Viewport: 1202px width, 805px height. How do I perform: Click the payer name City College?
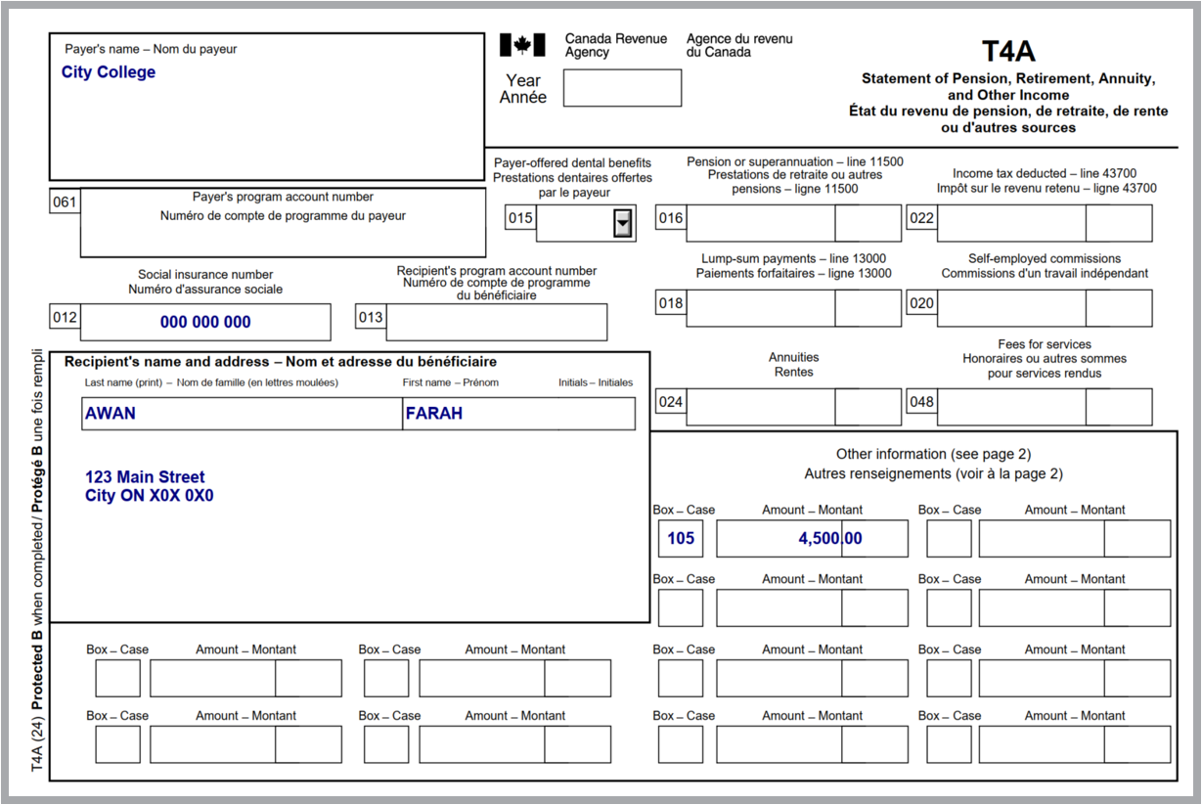[x=108, y=72]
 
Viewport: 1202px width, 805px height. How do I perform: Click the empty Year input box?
[x=622, y=88]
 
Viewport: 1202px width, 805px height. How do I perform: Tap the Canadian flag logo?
[x=522, y=45]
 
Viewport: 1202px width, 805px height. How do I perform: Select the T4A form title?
[x=1008, y=51]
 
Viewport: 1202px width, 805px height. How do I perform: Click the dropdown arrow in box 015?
[x=622, y=224]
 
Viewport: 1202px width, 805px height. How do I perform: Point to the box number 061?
[x=65, y=202]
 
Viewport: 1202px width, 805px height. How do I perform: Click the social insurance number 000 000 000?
[x=205, y=322]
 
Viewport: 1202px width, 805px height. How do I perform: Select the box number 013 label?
[x=371, y=317]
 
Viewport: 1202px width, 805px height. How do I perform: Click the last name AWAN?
[x=111, y=414]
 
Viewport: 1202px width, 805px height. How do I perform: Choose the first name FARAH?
[x=434, y=414]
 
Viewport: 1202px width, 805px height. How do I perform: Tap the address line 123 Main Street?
[x=145, y=477]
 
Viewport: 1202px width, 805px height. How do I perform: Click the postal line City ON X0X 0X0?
[x=149, y=496]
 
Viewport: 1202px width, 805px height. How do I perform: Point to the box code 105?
[x=681, y=539]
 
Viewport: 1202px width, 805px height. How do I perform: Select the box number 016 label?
[x=671, y=218]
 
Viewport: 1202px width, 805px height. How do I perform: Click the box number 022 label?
[x=921, y=218]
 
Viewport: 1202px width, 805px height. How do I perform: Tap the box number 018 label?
[x=671, y=303]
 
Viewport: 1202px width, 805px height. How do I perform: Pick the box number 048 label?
[x=921, y=402]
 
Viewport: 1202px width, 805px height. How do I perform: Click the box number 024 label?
[x=671, y=402]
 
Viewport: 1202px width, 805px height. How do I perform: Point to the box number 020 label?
[x=921, y=303]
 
